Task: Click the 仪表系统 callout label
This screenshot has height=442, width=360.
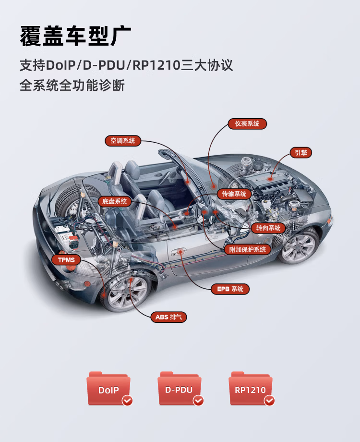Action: pyautogui.click(x=247, y=124)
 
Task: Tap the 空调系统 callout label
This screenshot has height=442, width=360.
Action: pyautogui.click(x=123, y=141)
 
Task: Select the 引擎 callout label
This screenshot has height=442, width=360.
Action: pyautogui.click(x=301, y=153)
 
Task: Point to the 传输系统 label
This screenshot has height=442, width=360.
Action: pyautogui.click(x=234, y=194)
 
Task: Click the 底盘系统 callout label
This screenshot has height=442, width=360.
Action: pyautogui.click(x=115, y=201)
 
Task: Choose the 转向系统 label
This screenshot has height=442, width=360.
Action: pyautogui.click(x=268, y=228)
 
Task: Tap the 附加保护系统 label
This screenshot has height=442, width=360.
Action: pyautogui.click(x=248, y=249)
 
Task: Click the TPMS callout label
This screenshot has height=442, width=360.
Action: pyautogui.click(x=66, y=260)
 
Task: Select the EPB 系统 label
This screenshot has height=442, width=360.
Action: pyautogui.click(x=230, y=289)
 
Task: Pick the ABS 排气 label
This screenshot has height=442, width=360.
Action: pyautogui.click(x=169, y=317)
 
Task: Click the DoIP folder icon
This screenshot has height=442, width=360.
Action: pyautogui.click(x=109, y=389)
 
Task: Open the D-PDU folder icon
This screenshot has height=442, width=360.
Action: pyautogui.click(x=180, y=389)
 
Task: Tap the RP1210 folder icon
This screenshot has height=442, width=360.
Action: pyautogui.click(x=251, y=389)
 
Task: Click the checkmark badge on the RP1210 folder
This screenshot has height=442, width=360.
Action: pyautogui.click(x=269, y=400)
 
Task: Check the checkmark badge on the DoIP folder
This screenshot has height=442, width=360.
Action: pyautogui.click(x=127, y=400)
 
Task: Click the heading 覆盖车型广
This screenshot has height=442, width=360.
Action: pyautogui.click(x=75, y=36)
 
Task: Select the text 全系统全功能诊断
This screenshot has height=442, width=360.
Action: pyautogui.click(x=72, y=86)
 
